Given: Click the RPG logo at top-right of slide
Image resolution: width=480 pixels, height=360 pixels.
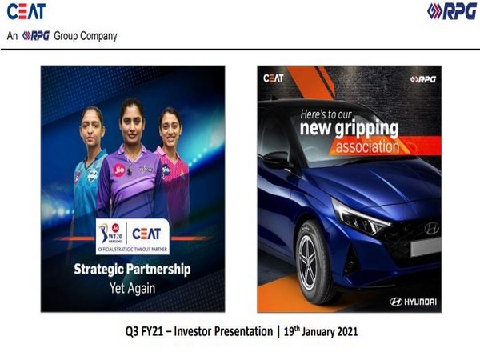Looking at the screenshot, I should (x=445, y=11).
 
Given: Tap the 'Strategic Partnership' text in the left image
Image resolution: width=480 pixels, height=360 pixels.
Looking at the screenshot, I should (x=132, y=269).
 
